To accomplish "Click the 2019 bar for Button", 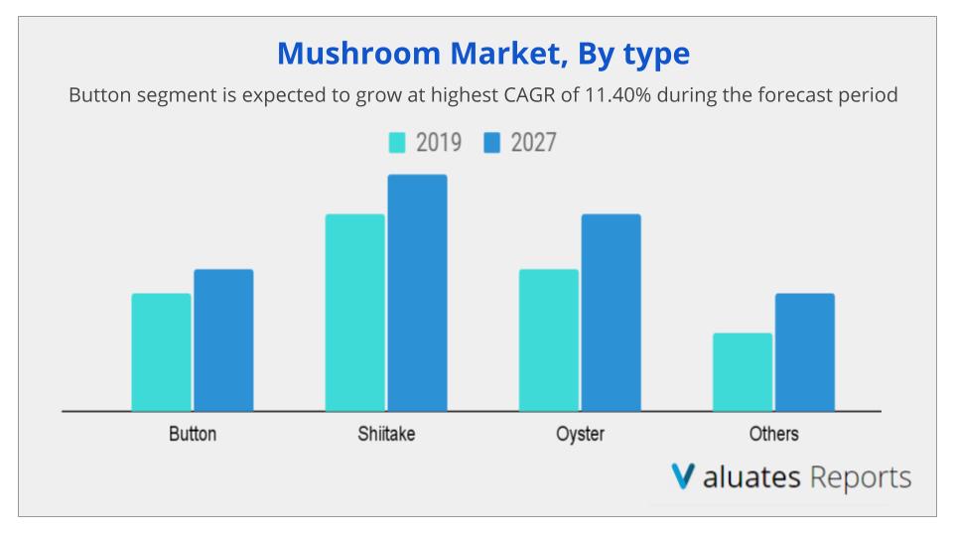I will point(161,351).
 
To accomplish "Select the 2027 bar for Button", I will point(223,339).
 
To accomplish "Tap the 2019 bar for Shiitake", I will point(354,312).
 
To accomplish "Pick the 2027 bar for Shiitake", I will point(417,292).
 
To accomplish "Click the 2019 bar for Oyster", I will point(548,339).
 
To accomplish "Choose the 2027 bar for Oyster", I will point(611,312).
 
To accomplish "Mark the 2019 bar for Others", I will point(742,371).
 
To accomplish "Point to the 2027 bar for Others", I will point(804,351).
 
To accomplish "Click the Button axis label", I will point(192,434).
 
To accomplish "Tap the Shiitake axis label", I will point(386,434).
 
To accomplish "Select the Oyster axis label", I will point(580,434).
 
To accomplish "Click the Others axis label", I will point(773,434).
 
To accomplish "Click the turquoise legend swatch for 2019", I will point(397,143).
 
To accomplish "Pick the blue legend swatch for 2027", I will point(491,143).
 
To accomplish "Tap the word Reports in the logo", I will point(860,477).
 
